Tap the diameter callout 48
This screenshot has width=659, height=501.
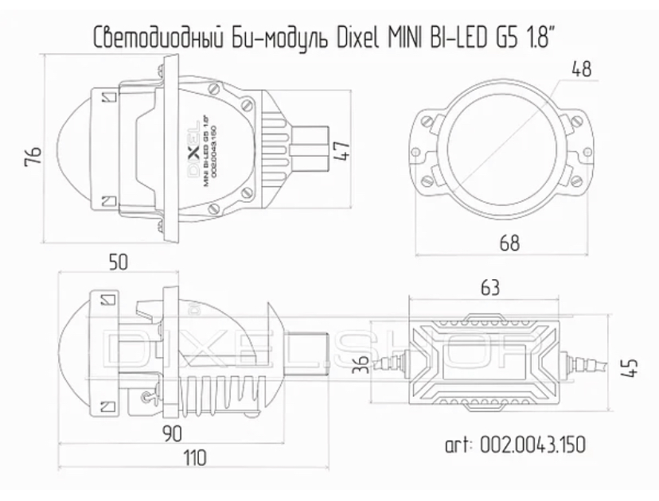point(583,69)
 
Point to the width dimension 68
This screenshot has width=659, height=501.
point(510,243)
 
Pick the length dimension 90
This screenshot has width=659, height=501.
point(172,433)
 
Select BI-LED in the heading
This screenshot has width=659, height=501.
point(458,37)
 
